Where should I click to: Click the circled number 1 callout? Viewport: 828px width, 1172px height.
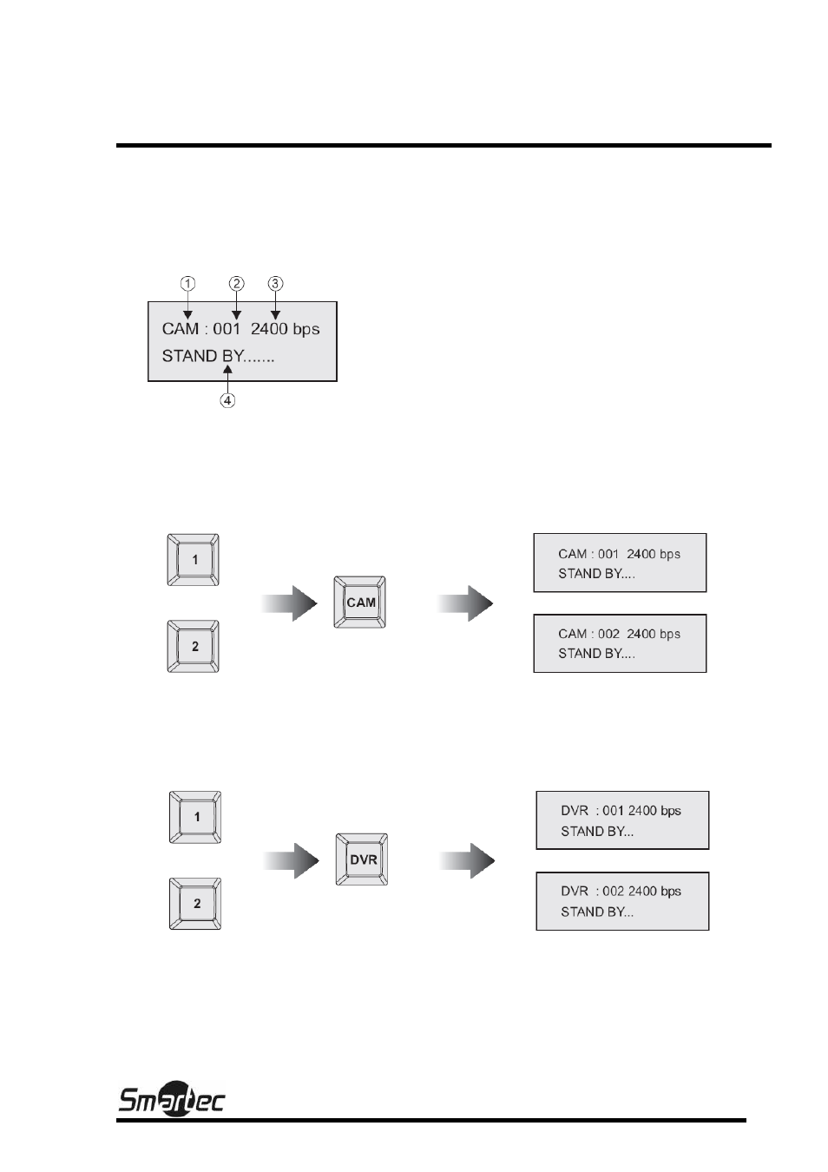coord(187,284)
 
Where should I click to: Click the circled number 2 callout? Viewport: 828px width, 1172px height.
coord(236,284)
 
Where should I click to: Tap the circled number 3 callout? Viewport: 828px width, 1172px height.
coord(276,284)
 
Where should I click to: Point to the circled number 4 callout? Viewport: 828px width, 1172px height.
coord(227,400)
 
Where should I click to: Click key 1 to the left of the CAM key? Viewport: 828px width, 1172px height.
coord(193,560)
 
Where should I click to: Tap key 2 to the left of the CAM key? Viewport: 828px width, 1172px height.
coord(193,646)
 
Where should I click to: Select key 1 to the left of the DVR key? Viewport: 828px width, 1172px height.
coord(195,817)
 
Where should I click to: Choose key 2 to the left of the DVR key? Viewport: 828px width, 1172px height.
coord(195,904)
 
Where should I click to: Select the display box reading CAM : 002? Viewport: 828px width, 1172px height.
coord(620,643)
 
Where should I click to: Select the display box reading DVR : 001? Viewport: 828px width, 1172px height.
coord(622,820)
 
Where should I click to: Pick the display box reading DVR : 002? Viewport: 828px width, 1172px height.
coord(622,901)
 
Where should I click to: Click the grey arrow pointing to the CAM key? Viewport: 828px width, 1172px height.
coord(289,603)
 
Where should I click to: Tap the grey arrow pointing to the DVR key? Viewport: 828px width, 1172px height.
coord(291,860)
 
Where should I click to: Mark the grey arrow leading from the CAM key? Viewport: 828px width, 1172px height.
coord(465,603)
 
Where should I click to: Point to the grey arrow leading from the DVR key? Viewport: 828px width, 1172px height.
coord(467,860)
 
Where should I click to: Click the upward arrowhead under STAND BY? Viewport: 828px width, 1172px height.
coord(227,370)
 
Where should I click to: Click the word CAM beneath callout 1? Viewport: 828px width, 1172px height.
coord(180,329)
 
